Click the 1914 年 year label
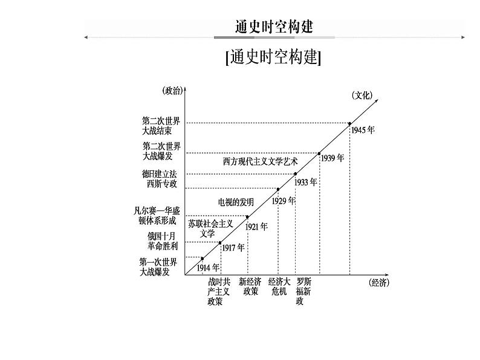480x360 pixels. click(209, 268)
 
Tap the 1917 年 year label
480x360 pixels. click(233, 248)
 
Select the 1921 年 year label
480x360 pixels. click(257, 227)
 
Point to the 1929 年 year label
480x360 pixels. click(283, 201)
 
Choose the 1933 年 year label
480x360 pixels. click(306, 181)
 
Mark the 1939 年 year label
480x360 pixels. click(332, 158)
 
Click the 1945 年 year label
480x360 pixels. click(363, 130)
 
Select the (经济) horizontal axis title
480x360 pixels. click(378, 282)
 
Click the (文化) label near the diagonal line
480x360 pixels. click(362, 95)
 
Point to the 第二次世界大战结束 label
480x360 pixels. click(161, 126)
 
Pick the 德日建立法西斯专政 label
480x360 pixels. click(160, 179)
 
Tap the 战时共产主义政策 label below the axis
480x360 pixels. click(218, 291)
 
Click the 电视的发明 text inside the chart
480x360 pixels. click(235, 202)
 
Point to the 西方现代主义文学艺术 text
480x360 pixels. click(261, 162)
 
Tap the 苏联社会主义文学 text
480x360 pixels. click(210, 228)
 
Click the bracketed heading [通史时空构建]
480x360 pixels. click(273, 57)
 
